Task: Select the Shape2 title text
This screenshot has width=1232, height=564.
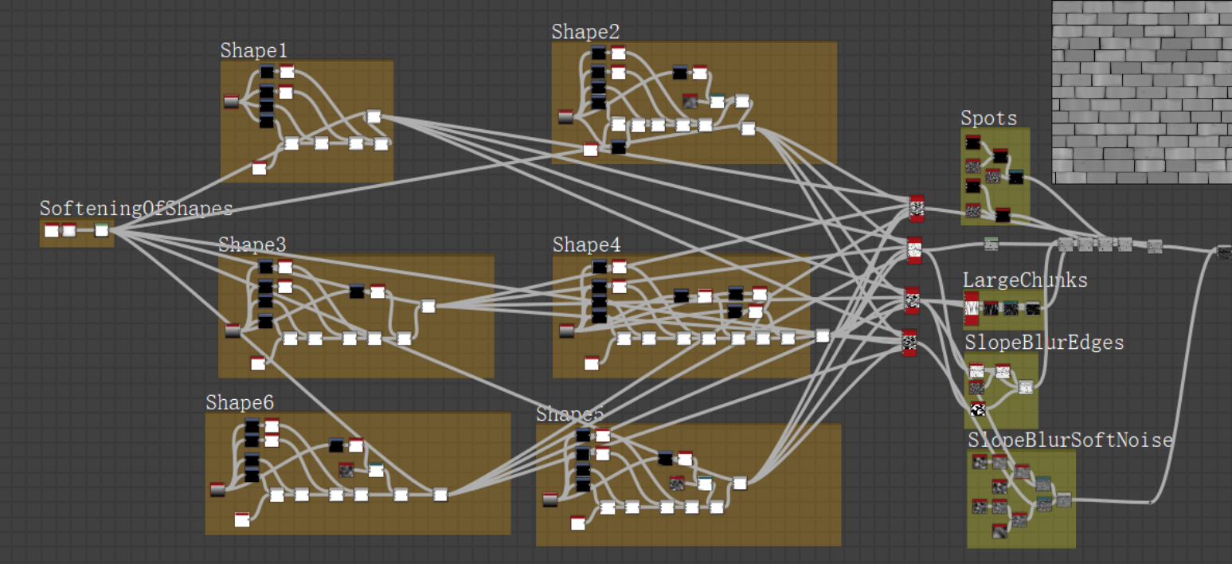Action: (585, 32)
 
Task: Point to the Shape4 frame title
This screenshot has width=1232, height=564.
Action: (586, 245)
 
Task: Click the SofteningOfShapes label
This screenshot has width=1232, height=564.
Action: (136, 209)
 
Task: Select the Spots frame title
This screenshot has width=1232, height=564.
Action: (988, 119)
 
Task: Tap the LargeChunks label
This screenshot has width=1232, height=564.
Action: (1025, 280)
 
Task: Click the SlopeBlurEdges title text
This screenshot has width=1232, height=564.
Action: (1044, 343)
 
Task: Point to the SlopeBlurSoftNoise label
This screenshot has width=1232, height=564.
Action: (1070, 441)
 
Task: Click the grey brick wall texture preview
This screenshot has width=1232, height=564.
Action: (1140, 92)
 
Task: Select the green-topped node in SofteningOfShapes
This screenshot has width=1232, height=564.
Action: (101, 231)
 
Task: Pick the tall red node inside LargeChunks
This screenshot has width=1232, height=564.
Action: (971, 307)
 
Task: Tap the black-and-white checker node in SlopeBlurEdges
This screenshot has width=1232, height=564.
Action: (978, 409)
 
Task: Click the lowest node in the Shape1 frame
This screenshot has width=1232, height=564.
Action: (259, 168)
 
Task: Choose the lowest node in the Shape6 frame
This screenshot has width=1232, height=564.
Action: (242, 520)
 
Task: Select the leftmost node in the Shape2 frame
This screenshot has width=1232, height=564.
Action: (565, 117)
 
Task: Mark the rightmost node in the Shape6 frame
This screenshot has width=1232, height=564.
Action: (440, 495)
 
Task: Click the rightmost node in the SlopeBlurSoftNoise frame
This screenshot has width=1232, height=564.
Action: (1063, 499)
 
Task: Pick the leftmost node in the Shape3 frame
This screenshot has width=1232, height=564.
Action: (233, 331)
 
